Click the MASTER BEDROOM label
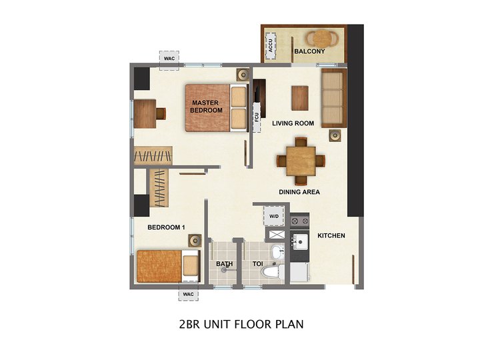point(207,106)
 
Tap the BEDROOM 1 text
point(166,227)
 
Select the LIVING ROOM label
point(293,123)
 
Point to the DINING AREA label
point(299,192)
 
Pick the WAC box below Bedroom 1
point(189,294)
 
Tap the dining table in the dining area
point(301,161)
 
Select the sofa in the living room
point(333,99)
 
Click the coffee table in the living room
point(301,98)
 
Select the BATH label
point(225,264)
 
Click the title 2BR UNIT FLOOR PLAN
point(241,325)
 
